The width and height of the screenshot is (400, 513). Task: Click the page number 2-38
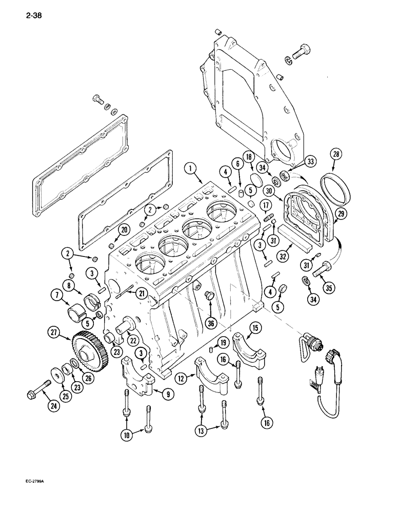32,15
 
